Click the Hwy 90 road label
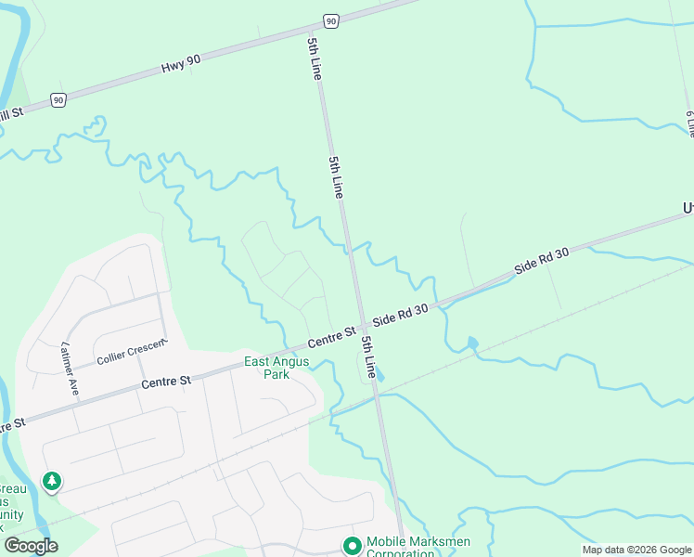[x=181, y=63]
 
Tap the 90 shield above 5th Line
[x=330, y=19]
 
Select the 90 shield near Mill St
[x=58, y=99]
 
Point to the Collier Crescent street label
[x=132, y=352]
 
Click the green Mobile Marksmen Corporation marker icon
[x=352, y=545]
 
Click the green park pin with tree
[x=53, y=481]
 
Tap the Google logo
[x=31, y=546]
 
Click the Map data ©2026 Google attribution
[x=636, y=550]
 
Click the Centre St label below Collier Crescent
[x=166, y=381]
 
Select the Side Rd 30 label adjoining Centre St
[x=400, y=314]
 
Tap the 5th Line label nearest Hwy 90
[x=315, y=58]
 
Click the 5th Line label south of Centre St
[x=368, y=356]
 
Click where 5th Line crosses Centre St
[x=359, y=324]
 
